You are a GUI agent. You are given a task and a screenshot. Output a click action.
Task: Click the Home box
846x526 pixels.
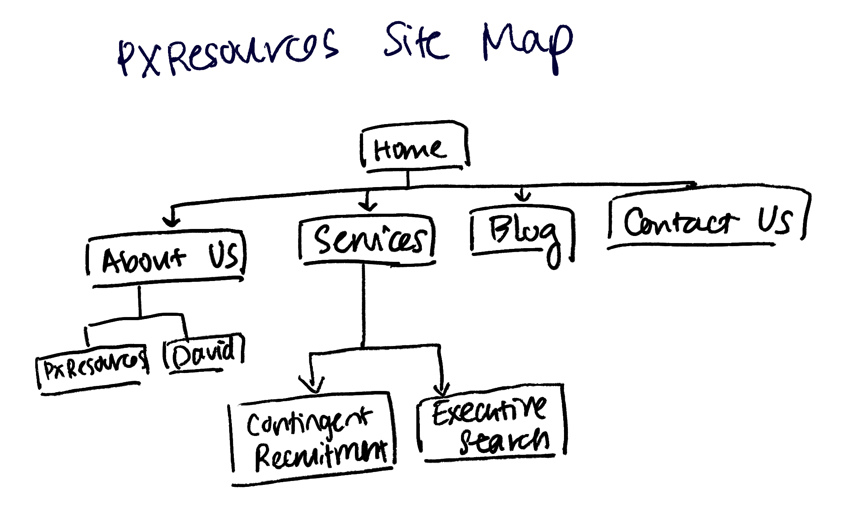[414, 149]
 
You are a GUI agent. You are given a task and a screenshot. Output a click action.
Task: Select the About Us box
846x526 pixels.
[166, 258]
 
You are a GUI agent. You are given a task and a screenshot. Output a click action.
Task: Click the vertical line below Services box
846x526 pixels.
[364, 305]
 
